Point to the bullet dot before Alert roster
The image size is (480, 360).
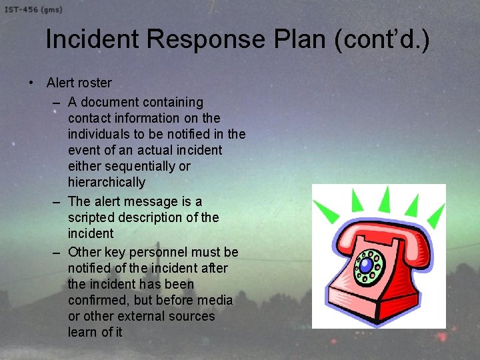(x=31, y=83)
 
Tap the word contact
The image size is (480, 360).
(x=89, y=118)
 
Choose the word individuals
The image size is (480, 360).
(x=99, y=134)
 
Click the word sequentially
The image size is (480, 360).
(x=141, y=166)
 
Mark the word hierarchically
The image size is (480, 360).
(x=106, y=182)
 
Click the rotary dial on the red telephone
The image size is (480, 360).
(x=369, y=266)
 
